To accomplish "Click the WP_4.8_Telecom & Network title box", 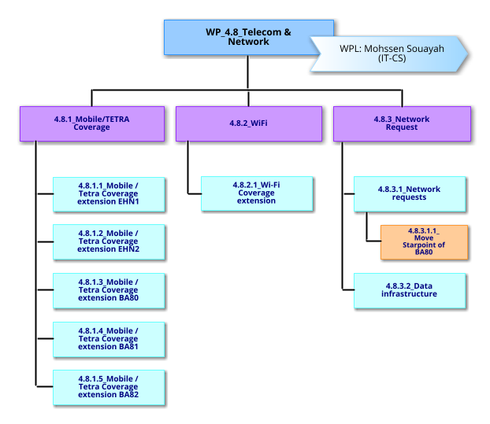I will tap(236, 37).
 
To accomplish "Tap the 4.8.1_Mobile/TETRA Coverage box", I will tap(91, 124).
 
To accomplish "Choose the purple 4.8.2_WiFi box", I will tap(248, 124).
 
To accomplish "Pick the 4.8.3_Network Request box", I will tap(402, 124).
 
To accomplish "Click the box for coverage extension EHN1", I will tap(108, 194).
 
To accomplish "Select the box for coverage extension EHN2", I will tap(108, 241).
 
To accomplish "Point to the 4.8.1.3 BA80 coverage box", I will tap(108, 290).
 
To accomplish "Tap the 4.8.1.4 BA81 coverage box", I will tap(108, 339).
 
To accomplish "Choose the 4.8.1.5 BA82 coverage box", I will tap(108, 387).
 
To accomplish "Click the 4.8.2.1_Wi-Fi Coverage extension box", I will tap(256, 194).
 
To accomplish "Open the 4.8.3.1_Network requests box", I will tap(409, 194).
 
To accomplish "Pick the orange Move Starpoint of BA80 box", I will tap(424, 242).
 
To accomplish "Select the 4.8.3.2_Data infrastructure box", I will tap(409, 289).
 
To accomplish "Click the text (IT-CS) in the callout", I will tap(392, 57).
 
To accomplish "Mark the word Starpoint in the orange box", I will tap(424, 245).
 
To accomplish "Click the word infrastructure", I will tap(409, 294).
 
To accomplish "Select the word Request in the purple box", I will tap(402, 127).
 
